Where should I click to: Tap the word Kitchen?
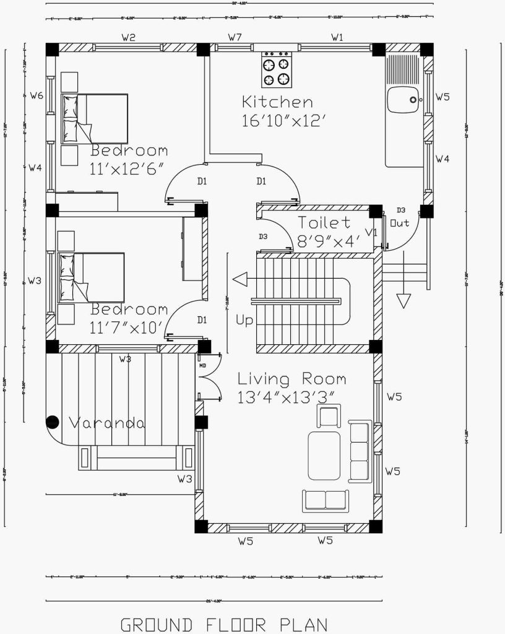click(277, 102)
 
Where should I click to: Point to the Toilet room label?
click(324, 222)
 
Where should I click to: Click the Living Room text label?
click(291, 378)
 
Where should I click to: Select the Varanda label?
click(106, 423)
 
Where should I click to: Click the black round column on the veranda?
click(53, 422)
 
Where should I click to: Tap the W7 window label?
click(234, 38)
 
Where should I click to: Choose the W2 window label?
click(128, 38)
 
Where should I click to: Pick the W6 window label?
click(36, 96)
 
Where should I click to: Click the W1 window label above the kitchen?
click(337, 38)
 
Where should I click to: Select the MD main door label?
click(202, 365)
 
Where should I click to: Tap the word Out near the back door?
click(400, 223)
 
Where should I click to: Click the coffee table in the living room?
click(324, 456)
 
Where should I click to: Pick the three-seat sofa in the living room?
click(360, 450)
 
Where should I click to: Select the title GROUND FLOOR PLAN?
click(223, 623)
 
